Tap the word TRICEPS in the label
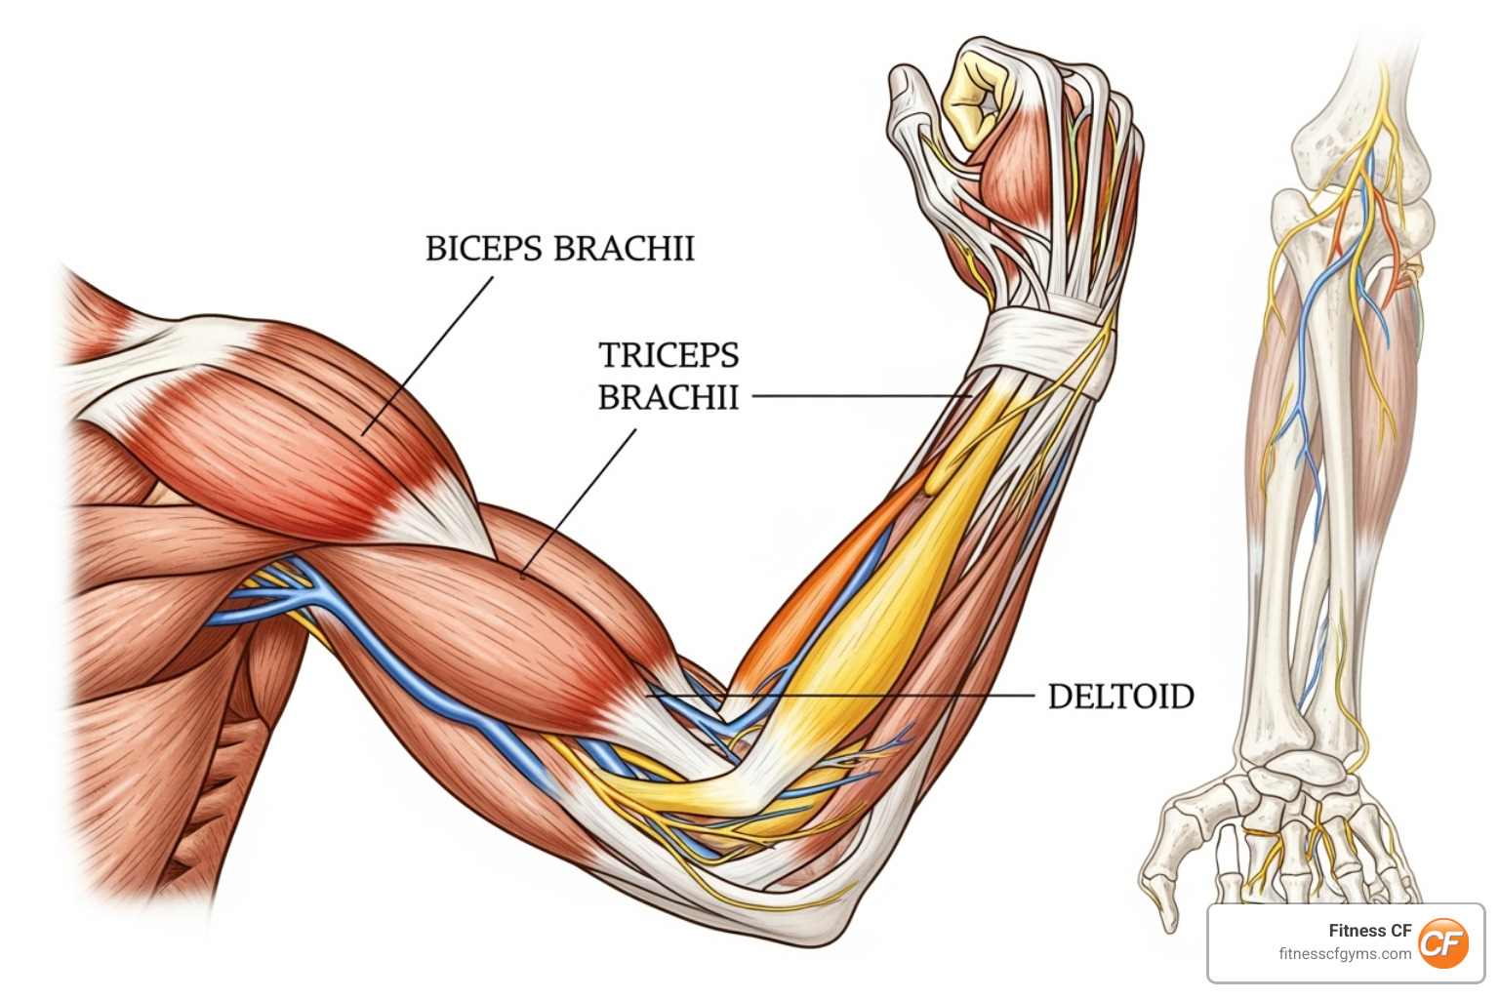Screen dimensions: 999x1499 [x=668, y=355]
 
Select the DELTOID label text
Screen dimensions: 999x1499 [x=1120, y=697]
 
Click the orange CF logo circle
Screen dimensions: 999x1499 [x=1442, y=943]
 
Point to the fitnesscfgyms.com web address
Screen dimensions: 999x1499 [x=1344, y=954]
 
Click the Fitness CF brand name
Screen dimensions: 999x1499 [x=1369, y=931]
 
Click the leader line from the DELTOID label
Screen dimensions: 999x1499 [x=878, y=696]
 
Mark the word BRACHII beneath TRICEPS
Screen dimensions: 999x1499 [x=668, y=398]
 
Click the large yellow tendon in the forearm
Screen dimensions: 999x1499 [x=878, y=605]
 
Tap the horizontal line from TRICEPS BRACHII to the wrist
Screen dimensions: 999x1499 [x=859, y=396]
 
